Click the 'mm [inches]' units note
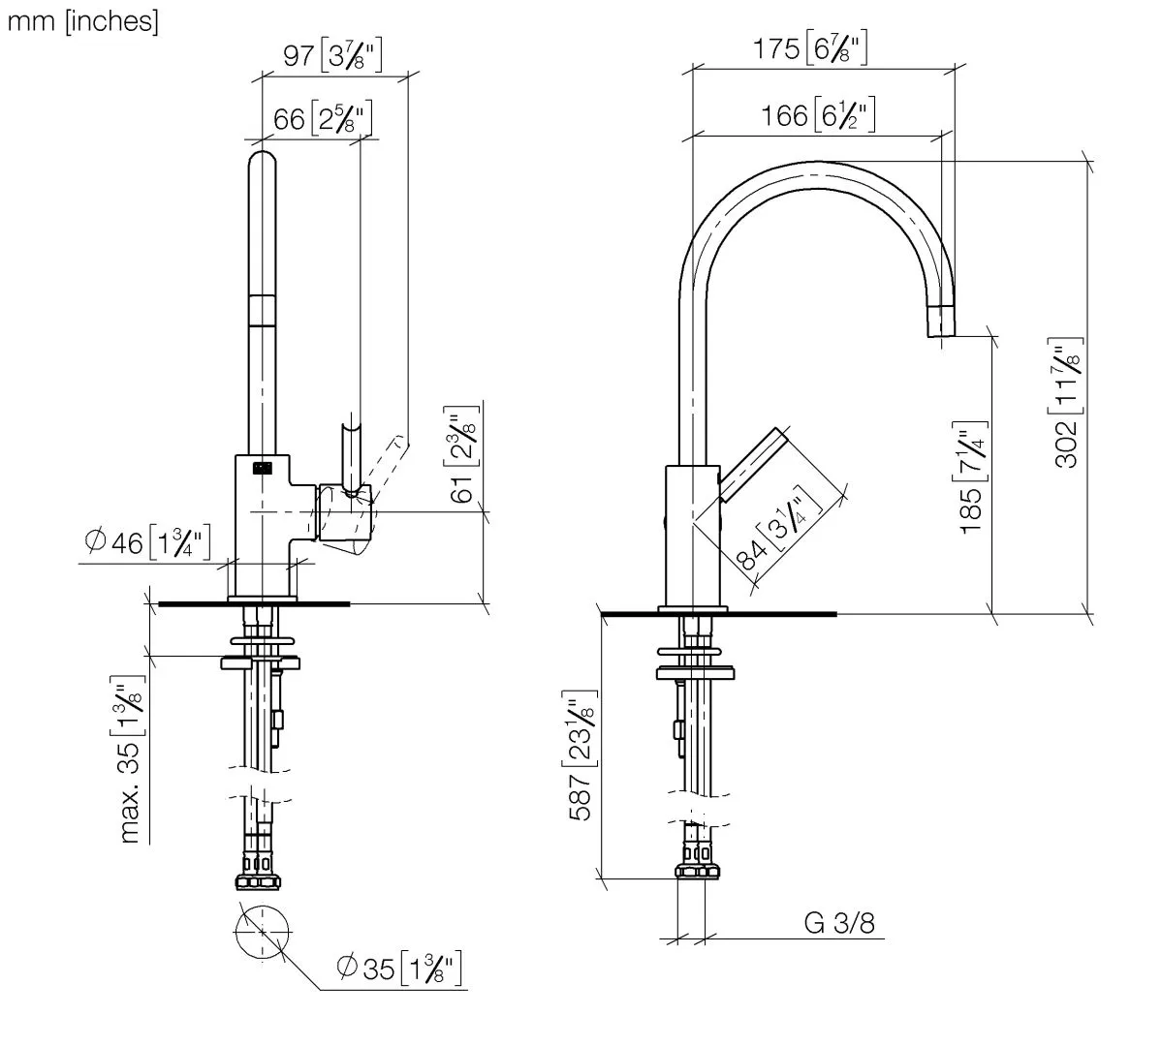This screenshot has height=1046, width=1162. click(82, 22)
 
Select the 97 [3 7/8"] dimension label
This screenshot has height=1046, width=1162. click(331, 56)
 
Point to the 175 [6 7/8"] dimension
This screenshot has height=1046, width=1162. click(810, 49)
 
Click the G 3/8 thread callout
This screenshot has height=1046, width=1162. click(839, 923)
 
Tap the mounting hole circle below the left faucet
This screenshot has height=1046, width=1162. click(262, 932)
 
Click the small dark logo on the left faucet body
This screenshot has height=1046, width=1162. click(262, 469)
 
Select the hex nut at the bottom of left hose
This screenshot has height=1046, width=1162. click(260, 880)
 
